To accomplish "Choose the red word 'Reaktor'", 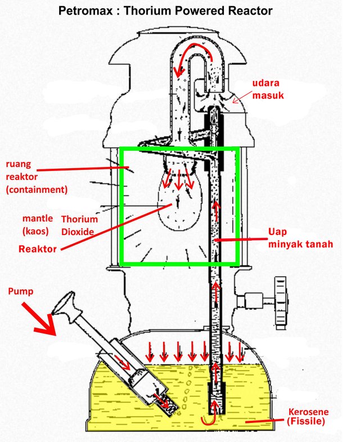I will click(x=38, y=248).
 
